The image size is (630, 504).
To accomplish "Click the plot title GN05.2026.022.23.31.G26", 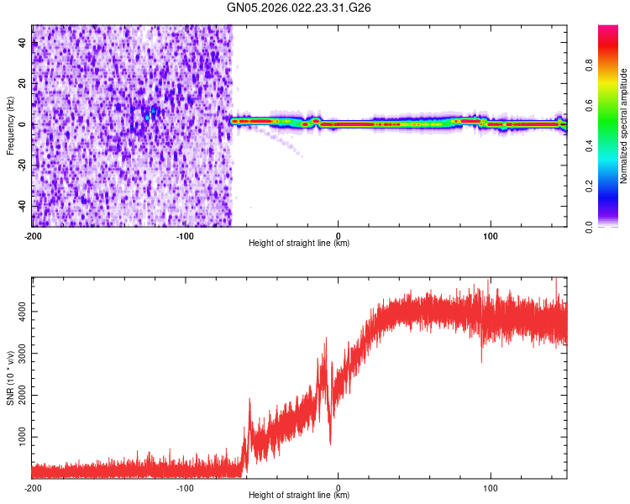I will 300,8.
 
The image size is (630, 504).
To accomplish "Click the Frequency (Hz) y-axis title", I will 10,126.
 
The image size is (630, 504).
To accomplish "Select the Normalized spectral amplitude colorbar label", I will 624,126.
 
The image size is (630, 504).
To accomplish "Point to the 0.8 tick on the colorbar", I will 591,66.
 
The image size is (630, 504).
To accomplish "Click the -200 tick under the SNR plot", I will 33,488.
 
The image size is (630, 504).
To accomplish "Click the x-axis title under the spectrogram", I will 299,244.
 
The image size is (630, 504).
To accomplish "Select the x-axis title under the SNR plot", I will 299,496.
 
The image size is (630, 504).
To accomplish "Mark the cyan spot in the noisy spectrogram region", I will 148,116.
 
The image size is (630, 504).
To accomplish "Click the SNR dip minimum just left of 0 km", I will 330,443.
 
